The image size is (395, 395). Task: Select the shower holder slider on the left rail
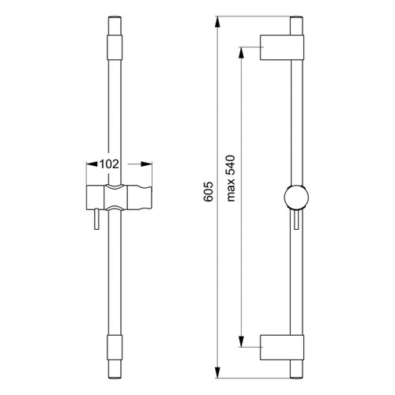118,198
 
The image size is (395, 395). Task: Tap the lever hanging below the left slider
96,220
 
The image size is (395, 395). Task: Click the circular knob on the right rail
296,197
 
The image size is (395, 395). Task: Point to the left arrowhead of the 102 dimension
86,164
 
